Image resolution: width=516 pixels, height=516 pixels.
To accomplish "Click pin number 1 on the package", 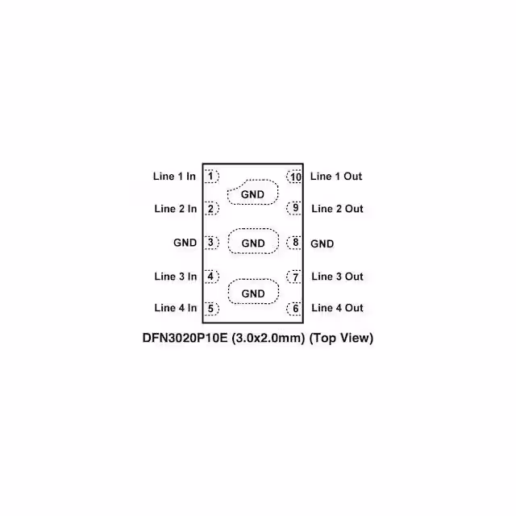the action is click(x=210, y=176).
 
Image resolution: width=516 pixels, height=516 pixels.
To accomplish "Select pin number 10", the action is click(x=295, y=177).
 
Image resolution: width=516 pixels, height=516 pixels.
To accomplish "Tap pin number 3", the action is click(x=210, y=243).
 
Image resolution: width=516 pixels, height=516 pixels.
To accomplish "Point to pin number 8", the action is click(x=295, y=243).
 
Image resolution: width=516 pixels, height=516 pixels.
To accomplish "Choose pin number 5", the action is click(x=210, y=308).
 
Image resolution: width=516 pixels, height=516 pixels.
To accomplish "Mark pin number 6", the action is click(x=295, y=308).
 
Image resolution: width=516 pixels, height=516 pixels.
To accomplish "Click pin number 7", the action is click(x=295, y=277).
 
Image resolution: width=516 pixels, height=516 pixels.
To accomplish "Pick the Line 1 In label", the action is click(x=174, y=176).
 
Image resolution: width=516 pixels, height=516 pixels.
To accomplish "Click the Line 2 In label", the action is click(x=176, y=209).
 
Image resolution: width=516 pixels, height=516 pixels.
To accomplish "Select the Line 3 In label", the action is click(x=176, y=277).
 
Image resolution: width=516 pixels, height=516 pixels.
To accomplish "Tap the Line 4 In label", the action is click(x=176, y=308).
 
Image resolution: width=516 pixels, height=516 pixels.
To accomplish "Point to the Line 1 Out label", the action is click(x=336, y=176).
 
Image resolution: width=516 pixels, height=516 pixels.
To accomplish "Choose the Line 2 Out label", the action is click(x=337, y=209).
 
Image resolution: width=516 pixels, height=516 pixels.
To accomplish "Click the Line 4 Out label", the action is click(x=337, y=308).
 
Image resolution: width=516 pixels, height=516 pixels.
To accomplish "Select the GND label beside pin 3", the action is click(x=185, y=243).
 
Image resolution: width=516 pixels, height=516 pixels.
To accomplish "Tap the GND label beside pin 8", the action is click(x=322, y=243).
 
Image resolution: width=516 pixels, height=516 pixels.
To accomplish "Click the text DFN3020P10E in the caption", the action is click(x=185, y=338).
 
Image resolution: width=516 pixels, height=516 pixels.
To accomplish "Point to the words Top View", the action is click(x=341, y=338).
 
